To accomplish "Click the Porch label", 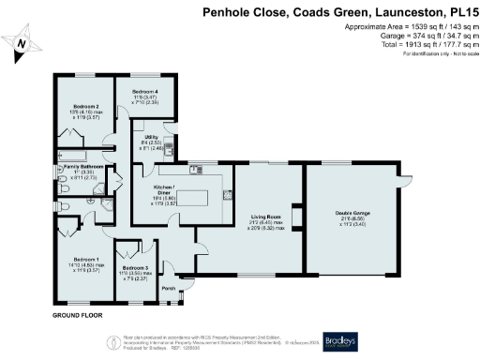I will (168, 289).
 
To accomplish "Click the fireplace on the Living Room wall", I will (296, 219).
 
